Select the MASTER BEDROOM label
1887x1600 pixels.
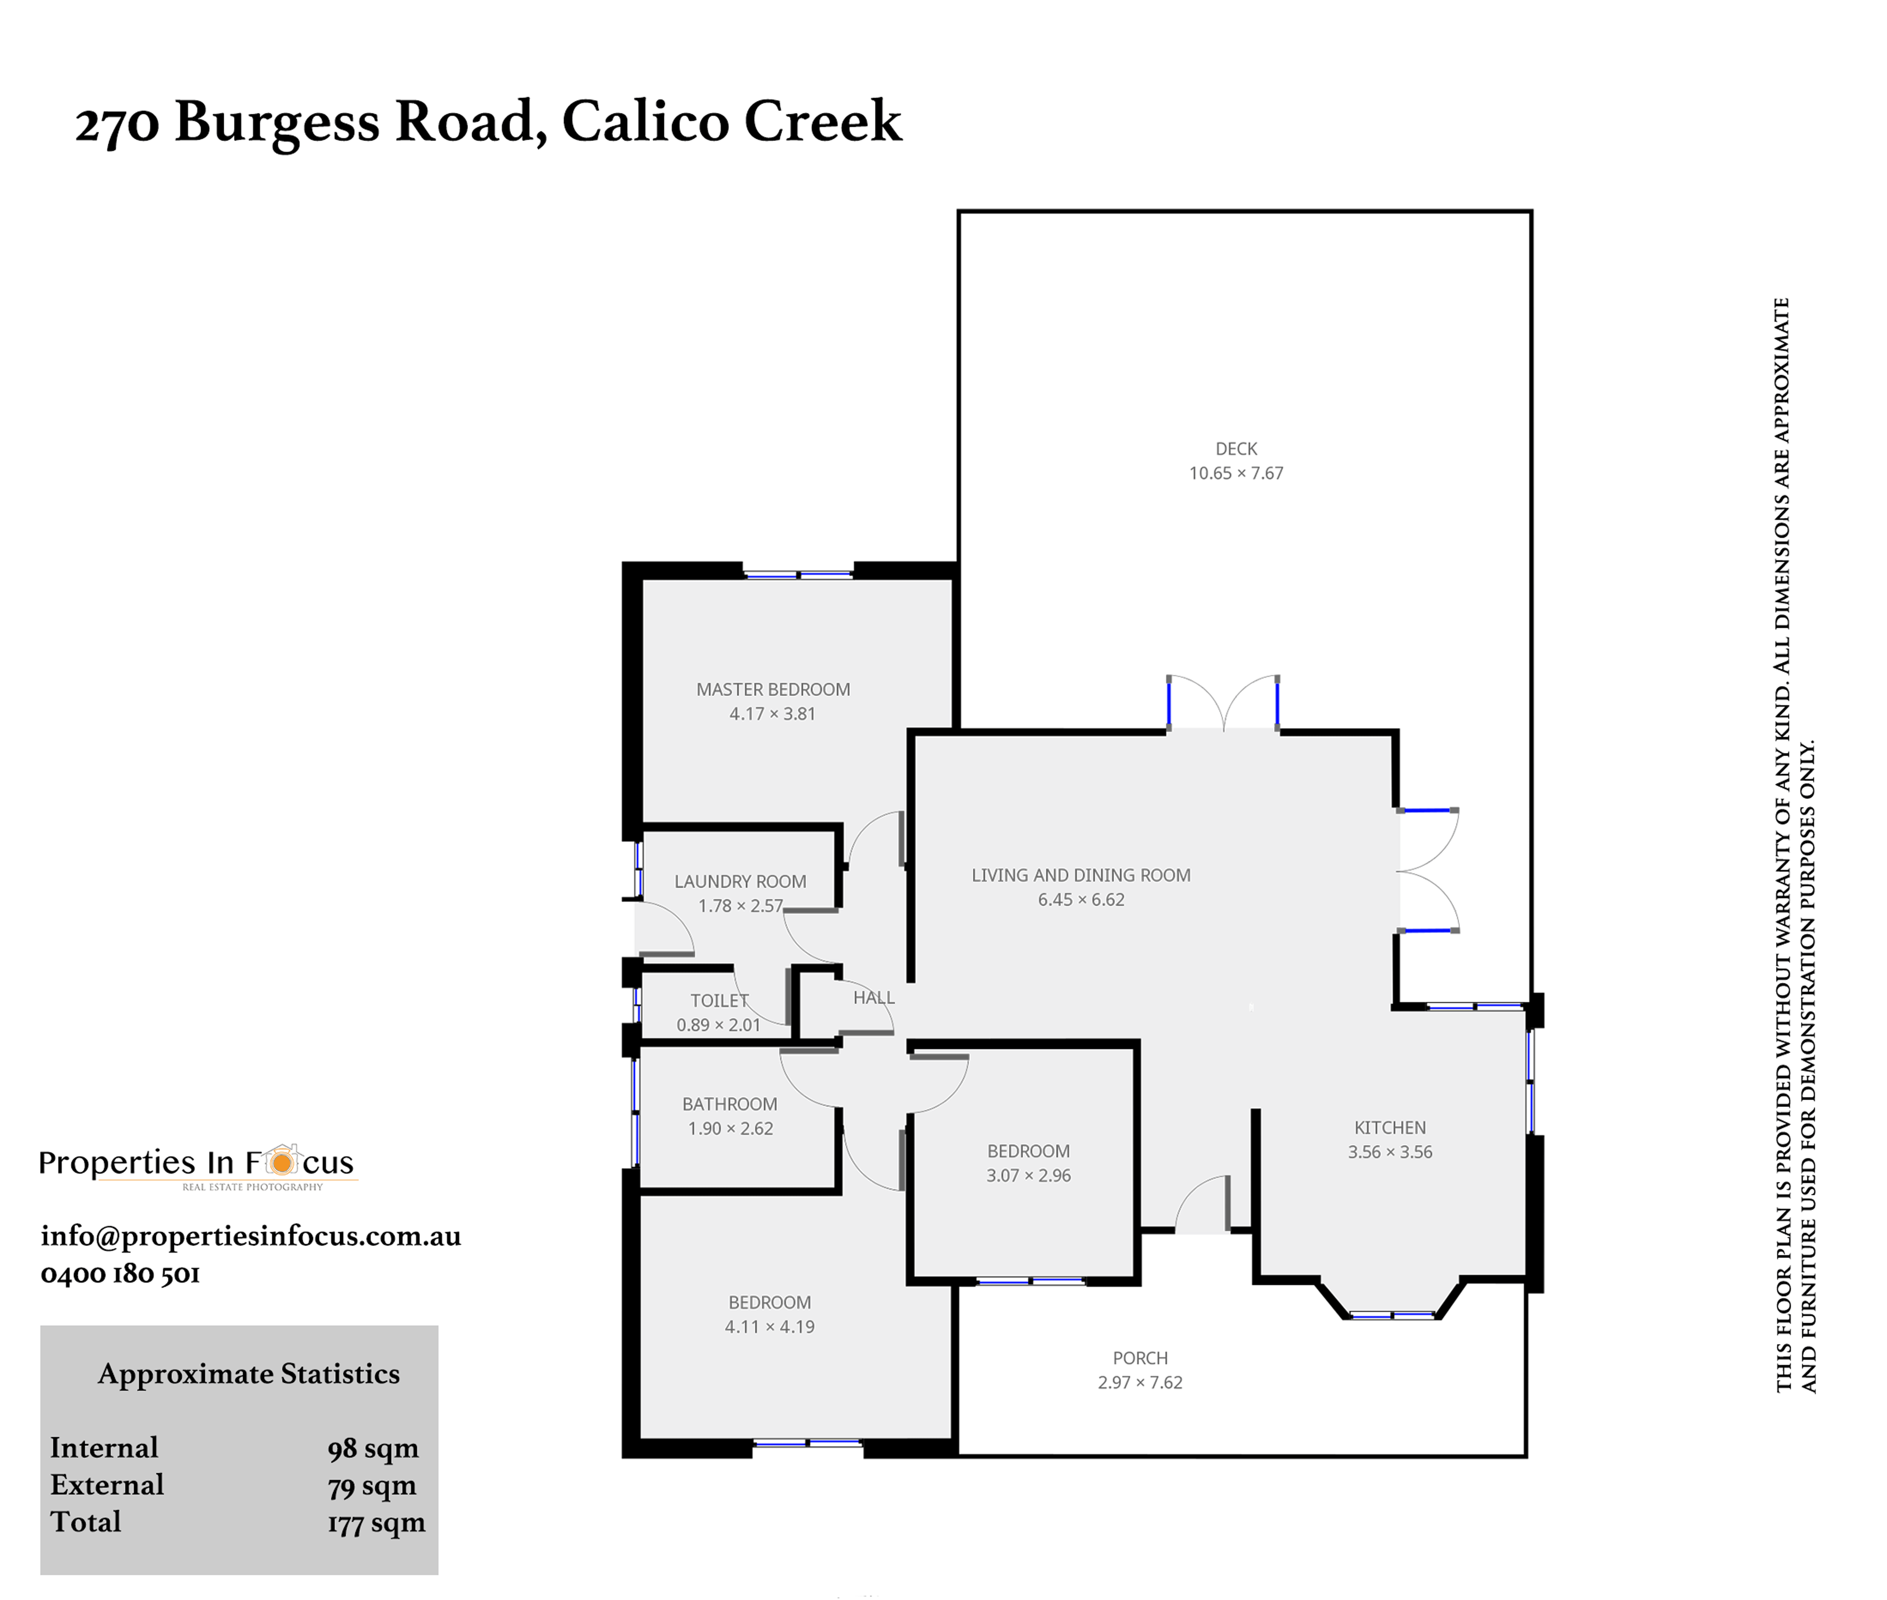pyautogui.click(x=773, y=689)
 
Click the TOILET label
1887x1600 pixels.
pyautogui.click(x=719, y=1001)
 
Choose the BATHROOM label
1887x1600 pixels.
pyautogui.click(x=730, y=1104)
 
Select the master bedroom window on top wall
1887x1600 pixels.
pyautogui.click(x=798, y=574)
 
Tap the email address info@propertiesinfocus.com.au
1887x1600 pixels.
pyautogui.click(x=250, y=1236)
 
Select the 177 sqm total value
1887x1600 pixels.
pyautogui.click(x=376, y=1523)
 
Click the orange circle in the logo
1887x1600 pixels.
pyautogui.click(x=282, y=1162)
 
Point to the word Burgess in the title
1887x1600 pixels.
pyautogui.click(x=277, y=123)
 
